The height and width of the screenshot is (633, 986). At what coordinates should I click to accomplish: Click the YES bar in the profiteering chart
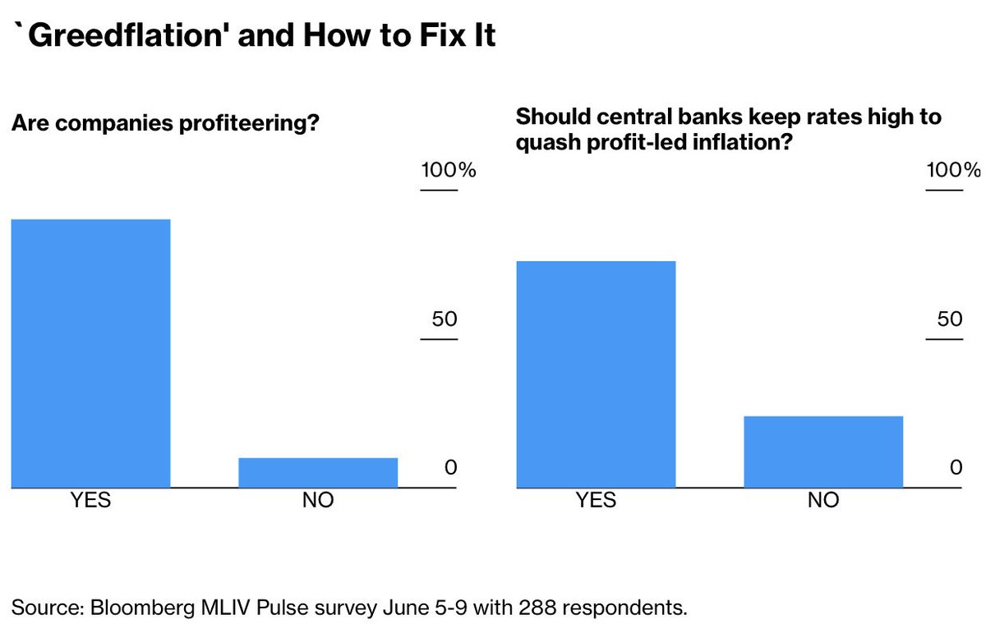point(90,353)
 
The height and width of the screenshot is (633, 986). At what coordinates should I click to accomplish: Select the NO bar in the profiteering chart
point(318,473)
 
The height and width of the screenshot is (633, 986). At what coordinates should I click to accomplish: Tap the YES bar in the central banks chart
point(596,374)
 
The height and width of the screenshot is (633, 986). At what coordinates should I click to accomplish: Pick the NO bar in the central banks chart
point(823,452)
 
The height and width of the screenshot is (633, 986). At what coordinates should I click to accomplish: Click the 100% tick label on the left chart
point(448,171)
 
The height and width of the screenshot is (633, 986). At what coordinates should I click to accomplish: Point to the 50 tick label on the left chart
point(444,319)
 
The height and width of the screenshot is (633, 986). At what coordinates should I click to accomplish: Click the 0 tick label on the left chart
point(450,467)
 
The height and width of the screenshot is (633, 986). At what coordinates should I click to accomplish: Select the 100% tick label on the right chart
point(953,171)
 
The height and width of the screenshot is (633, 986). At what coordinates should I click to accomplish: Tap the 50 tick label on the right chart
point(949,319)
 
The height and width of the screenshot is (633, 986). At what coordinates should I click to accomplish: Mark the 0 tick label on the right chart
point(956,467)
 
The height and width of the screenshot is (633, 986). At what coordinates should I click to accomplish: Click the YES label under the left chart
point(90,500)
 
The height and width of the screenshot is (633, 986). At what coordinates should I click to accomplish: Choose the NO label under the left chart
point(318,500)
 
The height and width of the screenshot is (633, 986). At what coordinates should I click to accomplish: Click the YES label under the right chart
point(596,500)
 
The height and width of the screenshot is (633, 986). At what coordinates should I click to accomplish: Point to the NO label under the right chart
point(823,500)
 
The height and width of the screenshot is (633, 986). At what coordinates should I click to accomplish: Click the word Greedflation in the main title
point(115,36)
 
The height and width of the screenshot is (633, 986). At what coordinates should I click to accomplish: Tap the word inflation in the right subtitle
point(731,142)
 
